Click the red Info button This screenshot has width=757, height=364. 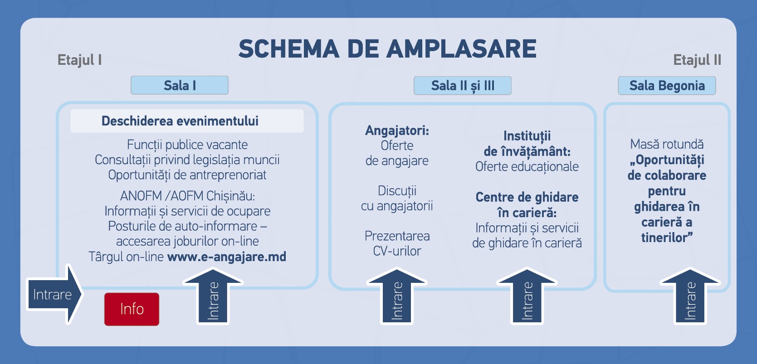tap(132, 309)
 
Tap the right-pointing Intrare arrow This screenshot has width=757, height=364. tap(54, 294)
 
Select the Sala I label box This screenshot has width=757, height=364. tap(180, 85)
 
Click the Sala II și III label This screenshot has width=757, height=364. tap(462, 85)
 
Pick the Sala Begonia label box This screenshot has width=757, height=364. tap(667, 85)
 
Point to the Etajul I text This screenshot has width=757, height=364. tap(79, 60)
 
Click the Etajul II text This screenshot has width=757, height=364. tap(697, 60)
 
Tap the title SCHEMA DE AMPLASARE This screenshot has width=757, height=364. tap(387, 49)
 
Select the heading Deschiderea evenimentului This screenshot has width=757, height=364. tap(180, 121)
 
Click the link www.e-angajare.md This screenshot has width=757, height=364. tap(226, 257)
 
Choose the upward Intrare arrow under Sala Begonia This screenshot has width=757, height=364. tap(690, 296)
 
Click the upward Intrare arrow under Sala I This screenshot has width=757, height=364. tap(213, 296)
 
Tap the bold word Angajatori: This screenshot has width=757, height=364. tap(397, 131)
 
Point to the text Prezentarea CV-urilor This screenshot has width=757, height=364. tap(397, 243)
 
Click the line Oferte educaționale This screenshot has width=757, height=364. tap(527, 166)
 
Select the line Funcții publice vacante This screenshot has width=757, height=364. tap(187, 145)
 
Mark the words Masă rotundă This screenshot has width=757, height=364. tap(667, 144)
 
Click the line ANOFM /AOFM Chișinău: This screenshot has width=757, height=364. tap(187, 196)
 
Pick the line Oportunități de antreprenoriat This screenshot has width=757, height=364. tap(187, 175)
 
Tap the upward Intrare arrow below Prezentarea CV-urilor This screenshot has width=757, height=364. tap(396, 296)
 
